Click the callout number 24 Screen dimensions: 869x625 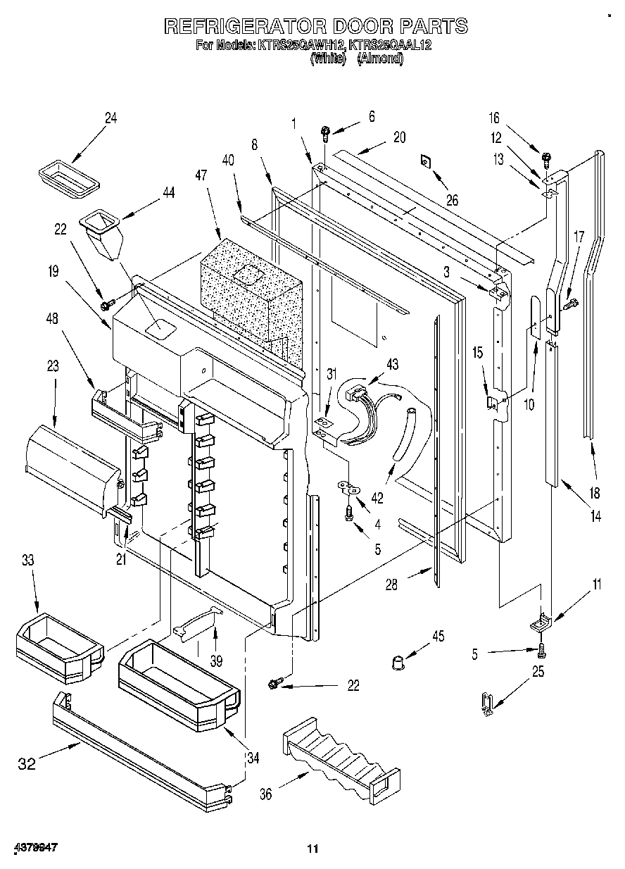pyautogui.click(x=111, y=118)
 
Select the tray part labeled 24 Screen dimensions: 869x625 pyautogui.click(x=68, y=175)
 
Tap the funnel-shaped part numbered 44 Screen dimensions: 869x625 pyautogui.click(x=102, y=235)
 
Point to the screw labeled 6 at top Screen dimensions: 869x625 pyautogui.click(x=325, y=132)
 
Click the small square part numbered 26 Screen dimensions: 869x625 pyautogui.click(x=427, y=161)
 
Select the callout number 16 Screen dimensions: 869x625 pyautogui.click(x=494, y=118)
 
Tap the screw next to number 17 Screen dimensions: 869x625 pyautogui.click(x=569, y=304)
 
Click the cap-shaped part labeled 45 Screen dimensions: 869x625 pyautogui.click(x=400, y=662)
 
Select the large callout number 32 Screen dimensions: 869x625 pyautogui.click(x=27, y=763)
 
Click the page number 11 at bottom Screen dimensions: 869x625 pyautogui.click(x=312, y=849)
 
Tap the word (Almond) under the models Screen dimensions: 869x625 pyautogui.click(x=380, y=60)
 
